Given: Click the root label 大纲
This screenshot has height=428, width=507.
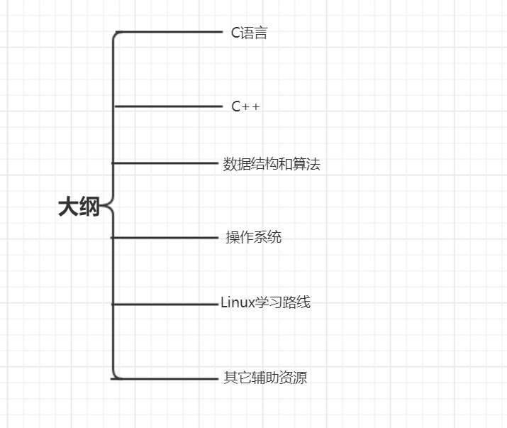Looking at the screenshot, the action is coord(79,207).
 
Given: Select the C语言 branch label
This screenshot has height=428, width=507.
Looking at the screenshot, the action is coord(249,33).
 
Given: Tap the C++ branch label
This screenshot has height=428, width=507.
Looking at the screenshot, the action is coord(245,106).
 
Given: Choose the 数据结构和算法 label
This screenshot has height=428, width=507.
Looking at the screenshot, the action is coord(272,165).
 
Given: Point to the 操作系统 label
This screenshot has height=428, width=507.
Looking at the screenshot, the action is coord(253,237).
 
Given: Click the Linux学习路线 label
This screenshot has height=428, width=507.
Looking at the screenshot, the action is coord(265,303).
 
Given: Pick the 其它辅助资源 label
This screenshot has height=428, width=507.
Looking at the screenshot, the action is coord(265,378).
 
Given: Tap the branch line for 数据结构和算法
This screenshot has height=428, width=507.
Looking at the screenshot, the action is coord(167,163).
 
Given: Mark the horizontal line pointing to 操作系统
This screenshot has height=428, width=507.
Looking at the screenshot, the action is coord(167,237).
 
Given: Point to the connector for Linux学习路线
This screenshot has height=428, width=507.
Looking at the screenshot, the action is coord(167,304).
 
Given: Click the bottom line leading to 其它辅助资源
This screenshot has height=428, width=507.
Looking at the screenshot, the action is coord(167,378).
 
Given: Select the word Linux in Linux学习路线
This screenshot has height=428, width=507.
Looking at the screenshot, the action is coord(237,303).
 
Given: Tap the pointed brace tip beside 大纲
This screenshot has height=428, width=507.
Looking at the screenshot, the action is coord(104,207).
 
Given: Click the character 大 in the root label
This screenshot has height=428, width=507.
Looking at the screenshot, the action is coord(68,207).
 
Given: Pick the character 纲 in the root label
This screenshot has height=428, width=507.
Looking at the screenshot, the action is coord(89,207).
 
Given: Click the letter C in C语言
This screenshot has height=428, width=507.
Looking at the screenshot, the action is coord(235,33).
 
